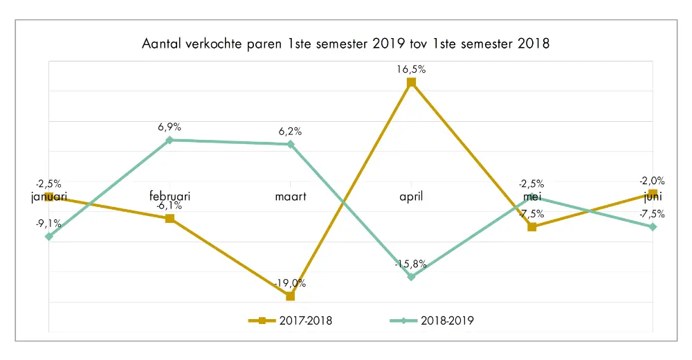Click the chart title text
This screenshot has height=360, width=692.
click(345, 45)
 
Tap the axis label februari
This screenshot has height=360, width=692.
click(170, 197)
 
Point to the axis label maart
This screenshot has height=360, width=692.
click(290, 197)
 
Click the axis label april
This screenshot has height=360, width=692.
click(411, 197)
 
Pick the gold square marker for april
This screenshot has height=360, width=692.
click(411, 82)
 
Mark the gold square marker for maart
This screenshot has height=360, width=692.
click(290, 296)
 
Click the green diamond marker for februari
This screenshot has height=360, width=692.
click(170, 140)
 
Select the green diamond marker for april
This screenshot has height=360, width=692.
click(411, 277)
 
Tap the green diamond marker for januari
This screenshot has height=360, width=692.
click(49, 237)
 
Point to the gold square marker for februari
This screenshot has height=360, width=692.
click(170, 219)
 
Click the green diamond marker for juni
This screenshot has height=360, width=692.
click(653, 227)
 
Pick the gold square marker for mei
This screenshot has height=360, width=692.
click(531, 227)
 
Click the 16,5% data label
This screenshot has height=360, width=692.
click(411, 69)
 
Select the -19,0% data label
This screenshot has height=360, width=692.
click(290, 283)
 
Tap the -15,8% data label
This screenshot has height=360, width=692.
click(411, 264)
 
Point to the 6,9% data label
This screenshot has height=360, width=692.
click(170, 127)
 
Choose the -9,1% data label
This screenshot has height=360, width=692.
click(49, 224)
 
